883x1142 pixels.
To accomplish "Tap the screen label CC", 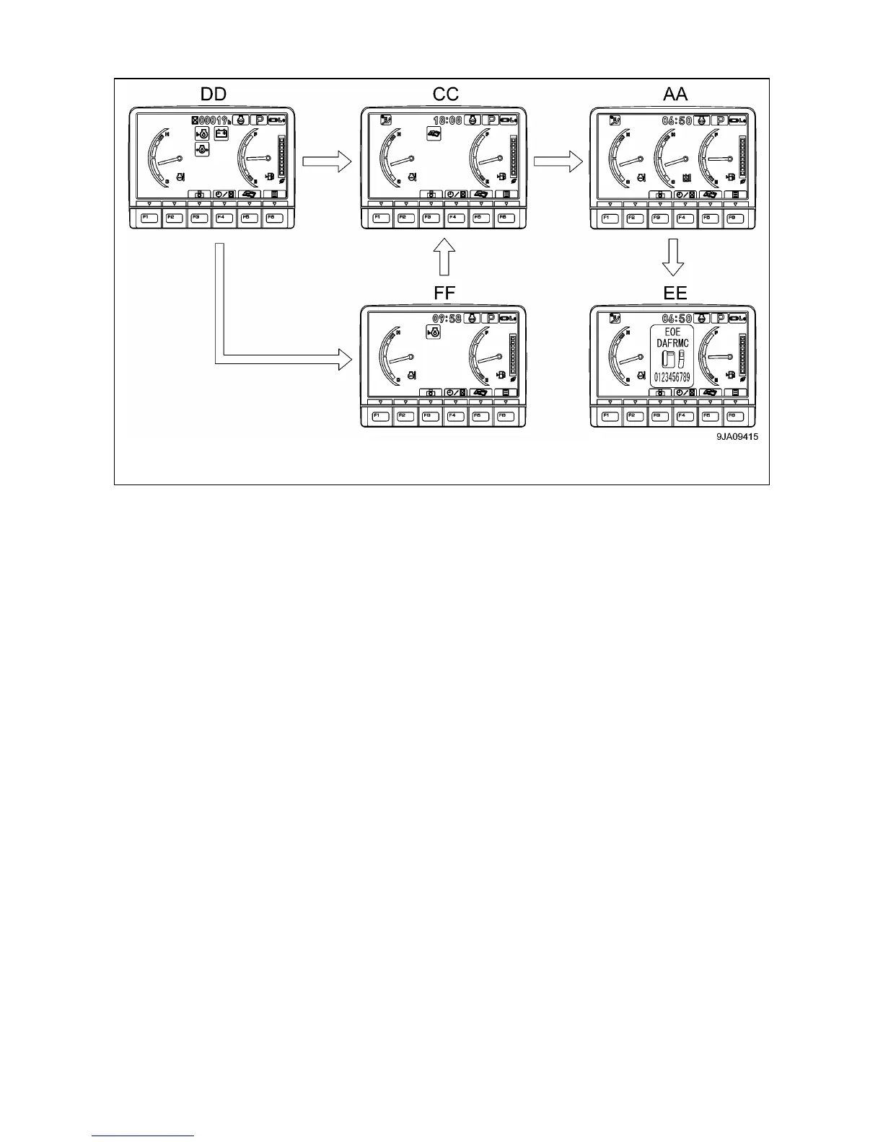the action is tap(445, 94).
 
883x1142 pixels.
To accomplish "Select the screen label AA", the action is tap(675, 94).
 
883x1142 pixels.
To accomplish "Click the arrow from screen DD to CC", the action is tap(326, 161).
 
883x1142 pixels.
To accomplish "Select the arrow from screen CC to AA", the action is tap(558, 161).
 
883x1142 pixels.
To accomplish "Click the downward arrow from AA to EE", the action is tap(672, 257).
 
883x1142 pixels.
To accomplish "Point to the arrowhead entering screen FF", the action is tap(344, 358).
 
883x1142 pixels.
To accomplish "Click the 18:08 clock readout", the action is tap(447, 120).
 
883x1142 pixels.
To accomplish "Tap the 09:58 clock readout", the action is tap(447, 318).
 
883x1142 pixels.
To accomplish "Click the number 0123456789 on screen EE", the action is tap(672, 377).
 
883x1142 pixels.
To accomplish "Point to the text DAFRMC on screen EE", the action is tap(672, 343).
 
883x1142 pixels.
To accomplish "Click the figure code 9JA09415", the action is tap(737, 436).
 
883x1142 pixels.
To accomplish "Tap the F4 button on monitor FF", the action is tap(455, 416).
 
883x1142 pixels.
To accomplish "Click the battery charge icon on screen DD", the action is tap(221, 134).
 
